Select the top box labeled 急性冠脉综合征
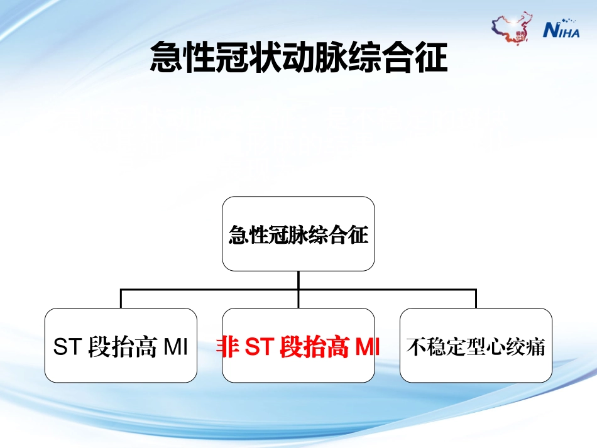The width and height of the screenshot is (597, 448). pyautogui.click(x=298, y=234)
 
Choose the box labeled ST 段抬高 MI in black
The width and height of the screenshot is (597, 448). pyautogui.click(x=121, y=346)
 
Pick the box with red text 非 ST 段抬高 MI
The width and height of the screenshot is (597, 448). pyautogui.click(x=298, y=346)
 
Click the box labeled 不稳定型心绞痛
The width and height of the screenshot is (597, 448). pyautogui.click(x=476, y=346)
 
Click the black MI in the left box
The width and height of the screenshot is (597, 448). pyautogui.click(x=175, y=347)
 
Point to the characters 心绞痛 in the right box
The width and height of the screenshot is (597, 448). pyautogui.click(x=519, y=347)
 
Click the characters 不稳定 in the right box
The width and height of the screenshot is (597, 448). pyautogui.click(x=434, y=347)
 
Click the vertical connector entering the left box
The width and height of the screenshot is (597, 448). pyautogui.click(x=121, y=299)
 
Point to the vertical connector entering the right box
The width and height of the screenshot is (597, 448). pyautogui.click(x=476, y=299)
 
